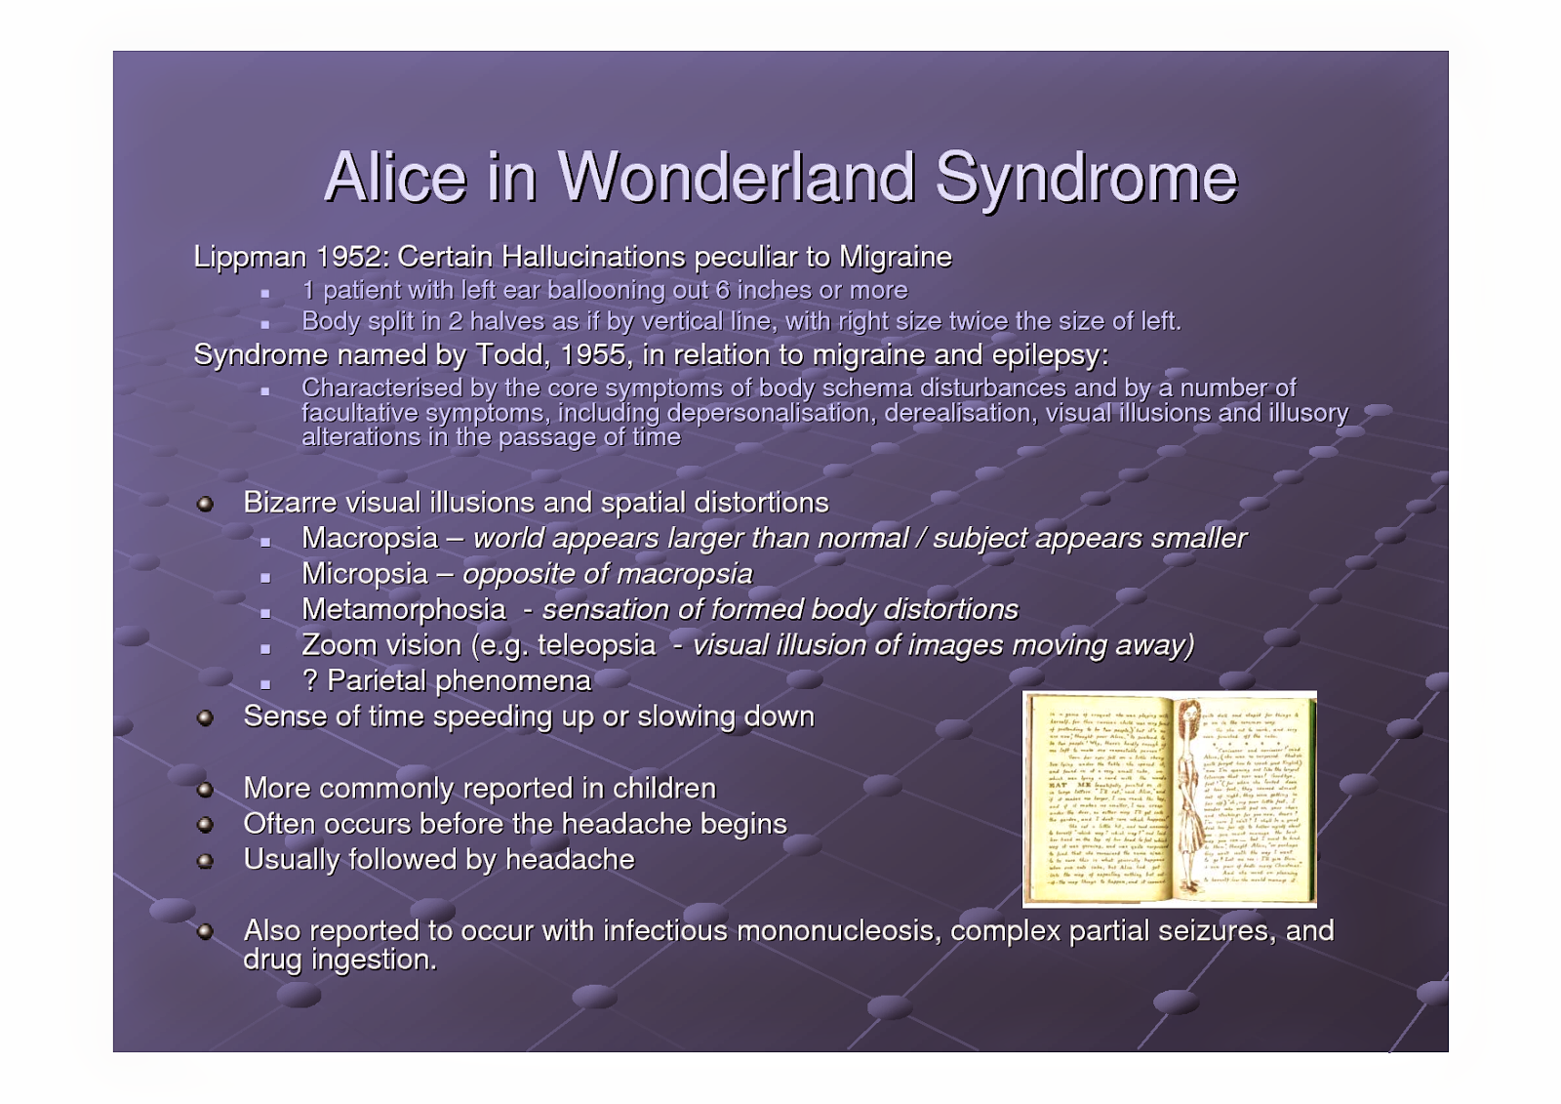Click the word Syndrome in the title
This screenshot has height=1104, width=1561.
click(x=1086, y=178)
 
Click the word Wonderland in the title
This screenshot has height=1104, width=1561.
click(x=737, y=178)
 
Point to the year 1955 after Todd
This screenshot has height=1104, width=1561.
click(x=593, y=354)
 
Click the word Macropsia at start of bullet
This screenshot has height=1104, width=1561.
click(x=370, y=538)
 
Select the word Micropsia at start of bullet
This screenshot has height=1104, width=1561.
click(x=364, y=574)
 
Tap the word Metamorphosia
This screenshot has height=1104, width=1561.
click(x=403, y=609)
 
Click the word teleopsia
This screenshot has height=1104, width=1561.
click(x=596, y=645)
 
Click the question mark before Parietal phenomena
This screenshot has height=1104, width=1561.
click(x=309, y=680)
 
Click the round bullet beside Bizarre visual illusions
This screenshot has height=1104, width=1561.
click(x=205, y=505)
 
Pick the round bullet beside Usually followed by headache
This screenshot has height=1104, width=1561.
click(x=205, y=861)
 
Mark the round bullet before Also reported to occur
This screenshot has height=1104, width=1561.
click(x=205, y=932)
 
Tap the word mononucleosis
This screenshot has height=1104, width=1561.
click(x=838, y=930)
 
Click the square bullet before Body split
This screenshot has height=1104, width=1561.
click(x=264, y=324)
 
